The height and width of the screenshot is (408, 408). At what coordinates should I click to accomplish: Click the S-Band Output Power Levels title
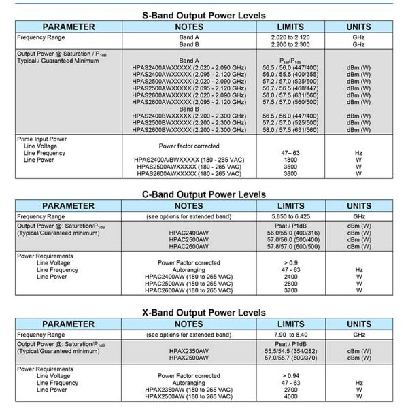click(x=204, y=14)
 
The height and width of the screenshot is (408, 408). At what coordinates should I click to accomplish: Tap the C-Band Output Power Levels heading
click(x=204, y=193)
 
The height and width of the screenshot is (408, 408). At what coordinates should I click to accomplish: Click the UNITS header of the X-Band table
click(x=358, y=324)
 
